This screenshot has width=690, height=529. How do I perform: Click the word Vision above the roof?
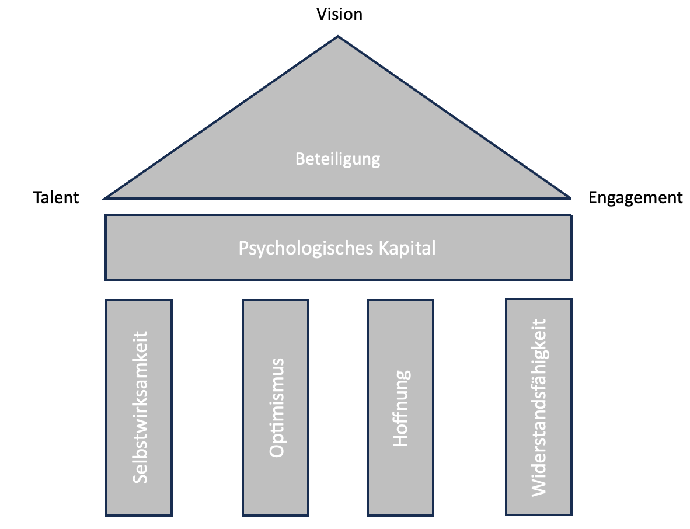[339, 14]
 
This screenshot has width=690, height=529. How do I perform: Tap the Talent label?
[56, 198]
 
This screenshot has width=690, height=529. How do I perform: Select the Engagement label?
[635, 198]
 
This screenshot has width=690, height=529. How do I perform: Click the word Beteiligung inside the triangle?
[337, 159]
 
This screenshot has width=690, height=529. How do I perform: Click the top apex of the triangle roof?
[338, 37]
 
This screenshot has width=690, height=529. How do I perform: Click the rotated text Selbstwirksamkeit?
[140, 407]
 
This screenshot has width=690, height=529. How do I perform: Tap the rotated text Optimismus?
[277, 407]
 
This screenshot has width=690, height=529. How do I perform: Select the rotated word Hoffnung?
[401, 408]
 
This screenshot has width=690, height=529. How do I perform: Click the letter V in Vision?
[321, 14]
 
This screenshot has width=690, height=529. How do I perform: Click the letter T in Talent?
[37, 198]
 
